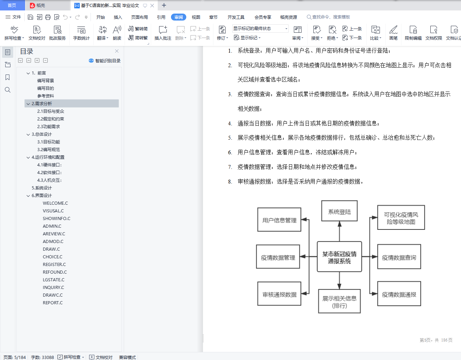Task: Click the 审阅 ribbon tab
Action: coord(178,17)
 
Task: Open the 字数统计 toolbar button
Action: coord(81,33)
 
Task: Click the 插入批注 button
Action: coord(163,33)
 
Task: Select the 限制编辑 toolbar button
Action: coord(413,33)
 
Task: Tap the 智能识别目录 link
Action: coord(104,61)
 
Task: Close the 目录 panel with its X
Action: coord(117,51)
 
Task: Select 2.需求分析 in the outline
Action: coord(42,103)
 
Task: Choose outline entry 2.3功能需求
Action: coord(49,126)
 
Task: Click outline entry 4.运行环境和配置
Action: coord(48,157)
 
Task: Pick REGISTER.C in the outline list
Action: coord(54,264)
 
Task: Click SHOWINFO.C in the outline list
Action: coord(56,218)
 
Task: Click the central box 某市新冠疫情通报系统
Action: coord(339,257)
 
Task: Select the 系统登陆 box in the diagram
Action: coord(339,211)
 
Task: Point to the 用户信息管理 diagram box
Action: coord(279,220)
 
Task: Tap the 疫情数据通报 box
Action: coord(399,294)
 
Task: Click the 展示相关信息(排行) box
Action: coord(339,301)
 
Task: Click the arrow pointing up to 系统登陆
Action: coord(339,231)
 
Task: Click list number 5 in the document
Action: coord(230,138)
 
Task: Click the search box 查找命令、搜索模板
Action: coord(328,17)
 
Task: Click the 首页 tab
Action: coord(12,5)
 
